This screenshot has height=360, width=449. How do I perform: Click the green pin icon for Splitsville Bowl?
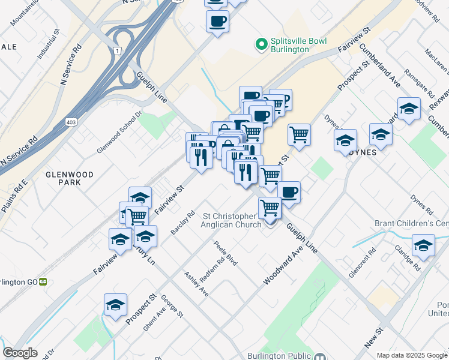click(x=261, y=44)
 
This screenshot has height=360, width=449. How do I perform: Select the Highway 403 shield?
click(x=71, y=122)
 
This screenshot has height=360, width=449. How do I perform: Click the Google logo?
click(x=20, y=353)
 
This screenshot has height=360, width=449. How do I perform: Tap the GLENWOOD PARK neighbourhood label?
click(x=70, y=178)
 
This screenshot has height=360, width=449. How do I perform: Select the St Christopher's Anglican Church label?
click(x=232, y=220)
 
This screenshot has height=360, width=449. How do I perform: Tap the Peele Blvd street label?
click(x=226, y=254)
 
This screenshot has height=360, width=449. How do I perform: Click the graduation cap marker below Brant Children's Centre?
click(x=423, y=246)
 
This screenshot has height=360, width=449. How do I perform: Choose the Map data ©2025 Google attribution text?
click(x=411, y=355)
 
